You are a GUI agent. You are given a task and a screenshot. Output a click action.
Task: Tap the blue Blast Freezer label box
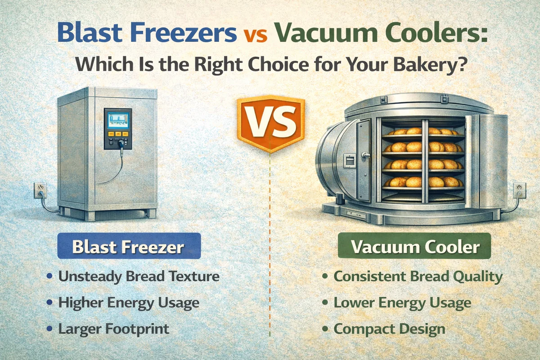pyautogui.click(x=129, y=246)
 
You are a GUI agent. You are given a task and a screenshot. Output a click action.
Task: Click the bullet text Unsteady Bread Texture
pyautogui.click(x=139, y=276)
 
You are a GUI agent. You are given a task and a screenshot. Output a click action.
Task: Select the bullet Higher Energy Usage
pyautogui.click(x=129, y=302)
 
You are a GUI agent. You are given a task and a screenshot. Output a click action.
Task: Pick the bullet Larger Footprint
pyautogui.click(x=114, y=328)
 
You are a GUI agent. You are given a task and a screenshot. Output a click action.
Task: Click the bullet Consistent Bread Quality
pyautogui.click(x=418, y=276)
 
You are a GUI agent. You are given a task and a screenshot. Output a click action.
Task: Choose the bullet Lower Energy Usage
pyautogui.click(x=402, y=302)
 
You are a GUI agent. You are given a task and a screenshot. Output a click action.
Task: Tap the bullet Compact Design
pyautogui.click(x=389, y=328)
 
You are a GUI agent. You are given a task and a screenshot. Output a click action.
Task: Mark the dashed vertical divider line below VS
pyautogui.click(x=270, y=247)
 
